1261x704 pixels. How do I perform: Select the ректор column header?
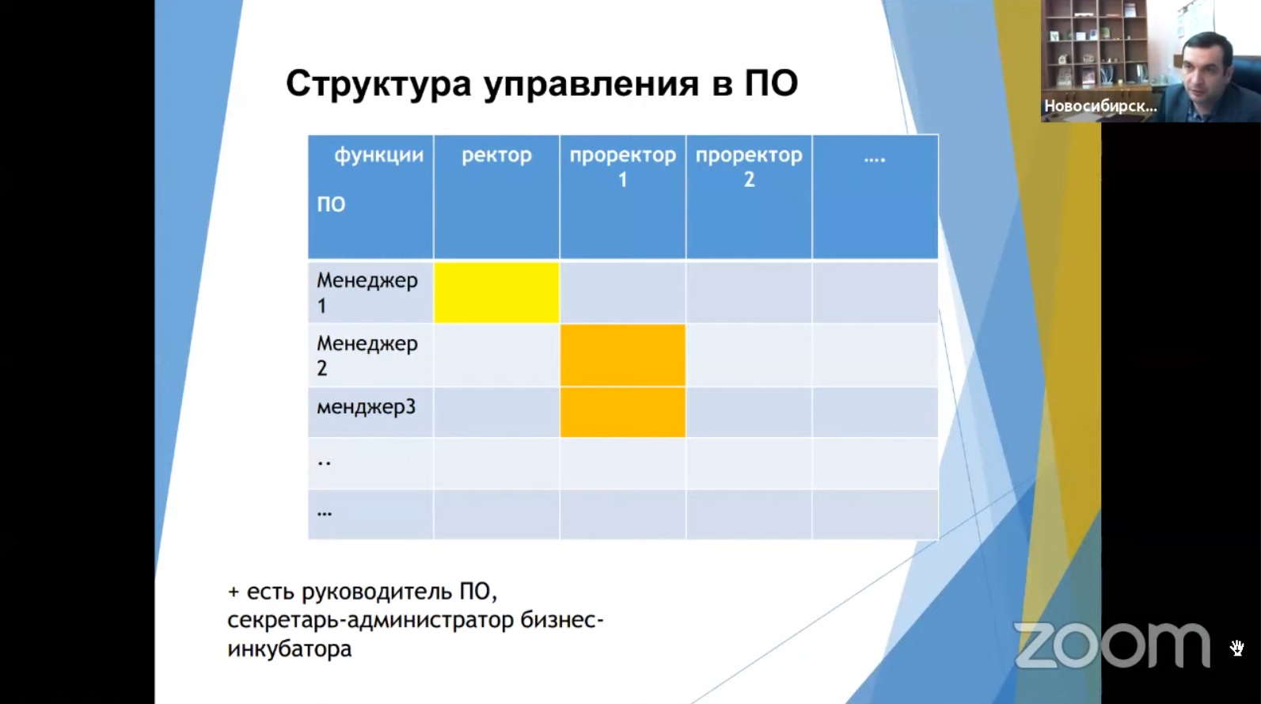tap(496, 155)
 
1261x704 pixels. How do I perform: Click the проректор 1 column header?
tap(623, 167)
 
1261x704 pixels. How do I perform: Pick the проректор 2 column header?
tap(749, 167)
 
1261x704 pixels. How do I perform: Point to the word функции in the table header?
tap(379, 156)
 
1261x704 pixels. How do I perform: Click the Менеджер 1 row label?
tap(367, 293)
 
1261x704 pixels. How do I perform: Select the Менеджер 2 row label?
tap(367, 356)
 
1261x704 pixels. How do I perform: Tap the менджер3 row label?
tap(366, 406)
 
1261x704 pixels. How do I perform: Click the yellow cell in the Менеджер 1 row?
tap(496, 292)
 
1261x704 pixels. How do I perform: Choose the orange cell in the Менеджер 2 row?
tap(623, 356)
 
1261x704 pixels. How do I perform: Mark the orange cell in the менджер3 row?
tap(623, 413)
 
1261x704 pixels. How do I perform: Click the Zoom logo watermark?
tap(1112, 645)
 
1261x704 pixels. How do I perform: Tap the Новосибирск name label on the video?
tap(1100, 106)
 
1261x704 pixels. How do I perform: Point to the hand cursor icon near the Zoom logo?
tap(1236, 649)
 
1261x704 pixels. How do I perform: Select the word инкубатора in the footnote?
tap(290, 649)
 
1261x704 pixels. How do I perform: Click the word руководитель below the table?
tap(377, 592)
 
